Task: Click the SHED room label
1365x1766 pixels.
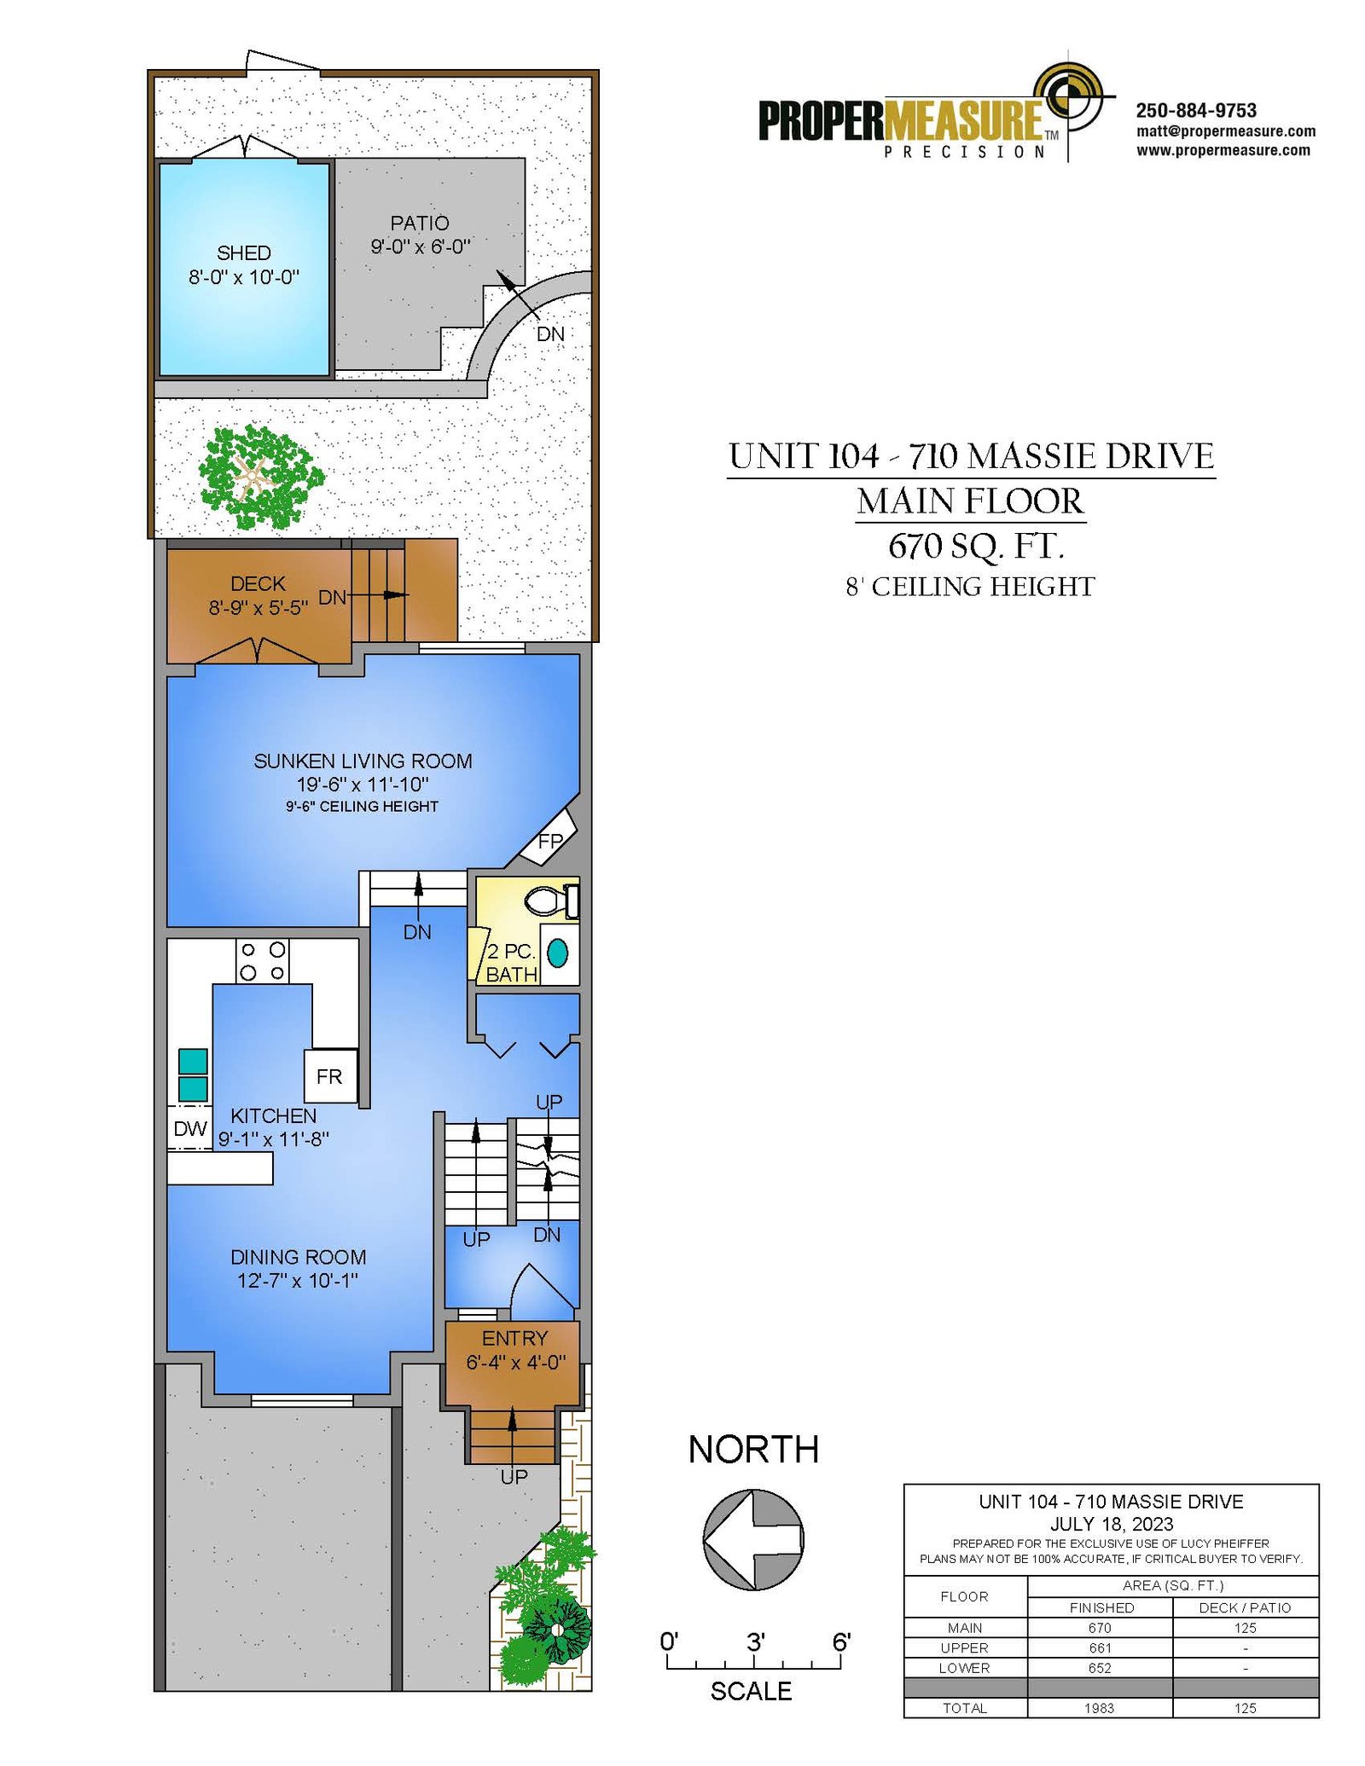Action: click(x=244, y=253)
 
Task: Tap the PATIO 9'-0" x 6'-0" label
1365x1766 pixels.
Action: click(x=420, y=235)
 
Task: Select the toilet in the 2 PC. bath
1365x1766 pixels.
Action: click(x=551, y=900)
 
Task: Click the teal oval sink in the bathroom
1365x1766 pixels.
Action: click(x=557, y=952)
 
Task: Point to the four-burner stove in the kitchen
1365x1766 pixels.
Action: click(x=262, y=961)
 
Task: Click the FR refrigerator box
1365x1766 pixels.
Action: click(x=330, y=1076)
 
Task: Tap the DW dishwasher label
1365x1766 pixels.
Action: click(x=190, y=1129)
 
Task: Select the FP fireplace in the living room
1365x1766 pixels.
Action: click(x=549, y=839)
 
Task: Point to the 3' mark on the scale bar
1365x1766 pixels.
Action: click(x=755, y=1642)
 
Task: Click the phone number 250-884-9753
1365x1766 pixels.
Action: click(x=1196, y=111)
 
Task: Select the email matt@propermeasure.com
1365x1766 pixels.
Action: click(x=1226, y=131)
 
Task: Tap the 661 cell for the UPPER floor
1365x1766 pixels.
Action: click(x=1101, y=1647)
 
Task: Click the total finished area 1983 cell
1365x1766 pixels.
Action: click(x=1101, y=1707)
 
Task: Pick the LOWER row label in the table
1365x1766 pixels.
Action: click(x=964, y=1668)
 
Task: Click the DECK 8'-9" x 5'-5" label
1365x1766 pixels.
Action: click(x=258, y=595)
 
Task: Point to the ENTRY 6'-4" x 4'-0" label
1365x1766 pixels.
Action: click(x=515, y=1350)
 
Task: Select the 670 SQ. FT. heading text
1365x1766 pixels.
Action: click(x=976, y=547)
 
